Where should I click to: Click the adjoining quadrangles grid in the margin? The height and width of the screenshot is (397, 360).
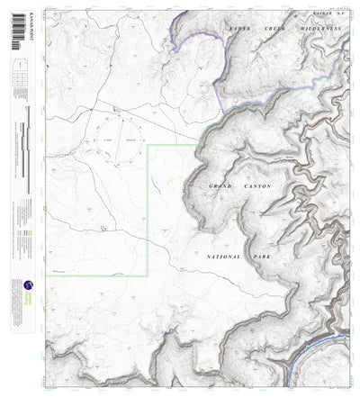tap(17, 86)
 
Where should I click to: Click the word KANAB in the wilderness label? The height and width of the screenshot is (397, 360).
tap(239, 31)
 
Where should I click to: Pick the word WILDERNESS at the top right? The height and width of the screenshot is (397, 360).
tap(321, 31)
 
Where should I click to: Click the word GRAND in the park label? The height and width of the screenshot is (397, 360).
tap(220, 185)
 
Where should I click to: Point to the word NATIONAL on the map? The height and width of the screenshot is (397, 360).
tap(222, 257)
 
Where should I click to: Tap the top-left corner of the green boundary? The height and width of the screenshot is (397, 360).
tap(148, 145)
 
